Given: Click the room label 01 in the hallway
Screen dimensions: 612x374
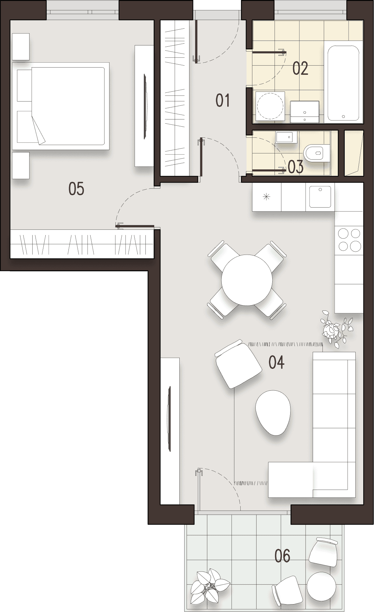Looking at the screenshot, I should [x=223, y=100].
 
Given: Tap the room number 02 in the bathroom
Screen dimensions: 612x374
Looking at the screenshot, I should [x=300, y=69].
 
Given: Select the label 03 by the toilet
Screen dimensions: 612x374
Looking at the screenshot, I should [x=296, y=166].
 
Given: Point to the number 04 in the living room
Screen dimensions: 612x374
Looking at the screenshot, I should [x=276, y=362].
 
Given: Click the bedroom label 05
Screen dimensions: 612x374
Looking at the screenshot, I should [x=76, y=189].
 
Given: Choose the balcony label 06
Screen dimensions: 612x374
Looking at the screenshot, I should [x=282, y=556].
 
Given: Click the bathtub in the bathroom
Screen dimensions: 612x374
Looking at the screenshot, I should [x=343, y=83].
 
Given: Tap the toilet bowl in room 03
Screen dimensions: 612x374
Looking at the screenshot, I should [x=313, y=153].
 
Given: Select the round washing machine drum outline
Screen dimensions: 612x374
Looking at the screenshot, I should [x=270, y=106].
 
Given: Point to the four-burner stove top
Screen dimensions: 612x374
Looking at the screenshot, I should [x=349, y=239].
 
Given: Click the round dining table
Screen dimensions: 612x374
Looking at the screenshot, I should [x=247, y=280].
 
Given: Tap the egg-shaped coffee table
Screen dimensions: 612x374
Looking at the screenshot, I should [x=273, y=413].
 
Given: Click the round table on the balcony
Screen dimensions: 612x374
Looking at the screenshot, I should [x=321, y=587].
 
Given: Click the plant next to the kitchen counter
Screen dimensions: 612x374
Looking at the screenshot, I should [x=334, y=330].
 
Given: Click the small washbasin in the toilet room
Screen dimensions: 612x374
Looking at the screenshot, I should [x=286, y=137].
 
